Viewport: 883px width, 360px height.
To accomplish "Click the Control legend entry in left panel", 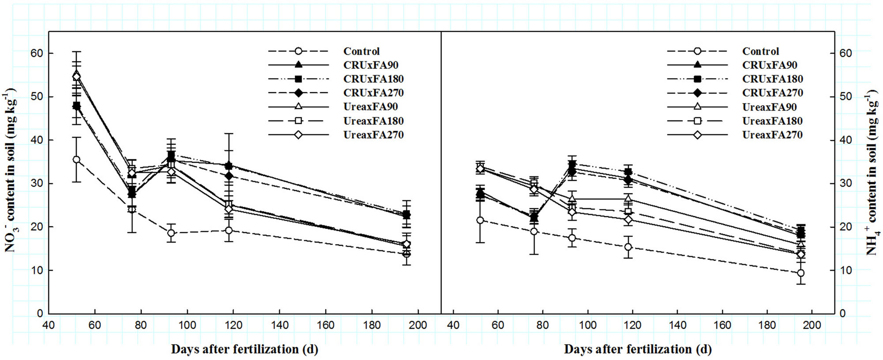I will (361, 51).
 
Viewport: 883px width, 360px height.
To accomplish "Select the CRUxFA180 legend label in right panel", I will (772, 79).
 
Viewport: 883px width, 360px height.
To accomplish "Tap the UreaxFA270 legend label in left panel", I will (373, 135).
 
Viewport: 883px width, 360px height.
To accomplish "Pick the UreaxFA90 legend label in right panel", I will (770, 107).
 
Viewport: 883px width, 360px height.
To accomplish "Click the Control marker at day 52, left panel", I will (76, 160).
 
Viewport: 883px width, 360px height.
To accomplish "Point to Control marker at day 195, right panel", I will (800, 273).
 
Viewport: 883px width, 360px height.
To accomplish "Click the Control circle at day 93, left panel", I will (171, 233).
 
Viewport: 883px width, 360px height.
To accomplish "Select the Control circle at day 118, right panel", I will (628, 247).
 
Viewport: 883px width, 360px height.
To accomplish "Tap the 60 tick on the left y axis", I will (37, 53).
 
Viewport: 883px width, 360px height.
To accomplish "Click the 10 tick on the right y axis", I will (845, 270).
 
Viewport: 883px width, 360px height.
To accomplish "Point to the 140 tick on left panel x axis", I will (279, 326).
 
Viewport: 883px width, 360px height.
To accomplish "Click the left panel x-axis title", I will (244, 349).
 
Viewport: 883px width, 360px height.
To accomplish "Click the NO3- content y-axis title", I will (11, 171).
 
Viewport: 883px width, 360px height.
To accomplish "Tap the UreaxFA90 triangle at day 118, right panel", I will (628, 199).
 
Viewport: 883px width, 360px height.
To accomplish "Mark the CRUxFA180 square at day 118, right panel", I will (628, 172).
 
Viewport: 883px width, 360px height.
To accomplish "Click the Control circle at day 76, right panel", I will (534, 232).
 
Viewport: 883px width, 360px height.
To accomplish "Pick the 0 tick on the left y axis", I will (40, 314).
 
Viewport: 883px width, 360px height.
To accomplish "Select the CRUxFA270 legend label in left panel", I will (373, 93).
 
